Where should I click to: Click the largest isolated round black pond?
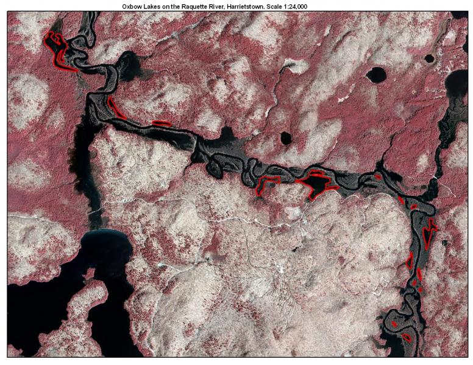point(375,75)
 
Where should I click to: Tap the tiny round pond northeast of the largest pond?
point(429,59)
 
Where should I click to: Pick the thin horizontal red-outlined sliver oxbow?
point(161,123)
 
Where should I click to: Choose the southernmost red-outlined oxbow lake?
point(406,336)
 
